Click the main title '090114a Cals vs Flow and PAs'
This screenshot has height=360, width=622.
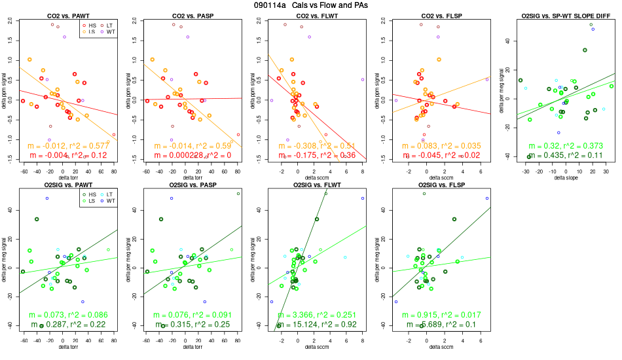[x=311, y=5]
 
